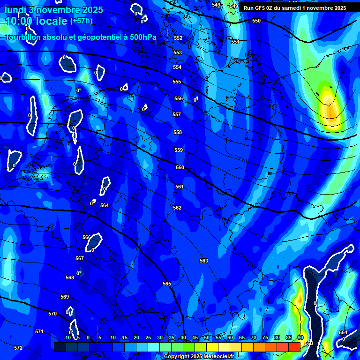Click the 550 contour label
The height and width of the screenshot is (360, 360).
pos(256,21)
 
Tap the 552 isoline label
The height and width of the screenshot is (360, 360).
pos(178,38)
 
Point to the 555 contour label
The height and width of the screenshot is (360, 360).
pos(177,82)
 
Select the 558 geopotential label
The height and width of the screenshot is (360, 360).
pos(178,133)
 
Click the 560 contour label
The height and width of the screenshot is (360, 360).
pos(180,167)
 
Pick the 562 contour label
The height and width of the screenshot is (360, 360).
pos(177,208)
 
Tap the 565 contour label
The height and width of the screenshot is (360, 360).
pos(167,284)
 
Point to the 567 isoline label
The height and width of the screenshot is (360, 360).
pos(80,258)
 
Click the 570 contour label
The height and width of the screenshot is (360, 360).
pos(52,314)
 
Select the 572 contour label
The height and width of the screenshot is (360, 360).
pos(18,348)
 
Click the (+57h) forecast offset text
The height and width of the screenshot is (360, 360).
pos(81,21)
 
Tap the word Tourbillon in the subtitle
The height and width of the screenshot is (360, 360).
pos(23,37)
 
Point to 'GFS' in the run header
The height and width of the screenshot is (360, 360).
pos(260,8)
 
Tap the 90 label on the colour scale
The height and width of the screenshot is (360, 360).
pos(300,338)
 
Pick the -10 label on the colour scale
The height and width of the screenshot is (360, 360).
pos(67,338)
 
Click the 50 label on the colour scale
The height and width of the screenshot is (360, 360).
pos(207,338)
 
